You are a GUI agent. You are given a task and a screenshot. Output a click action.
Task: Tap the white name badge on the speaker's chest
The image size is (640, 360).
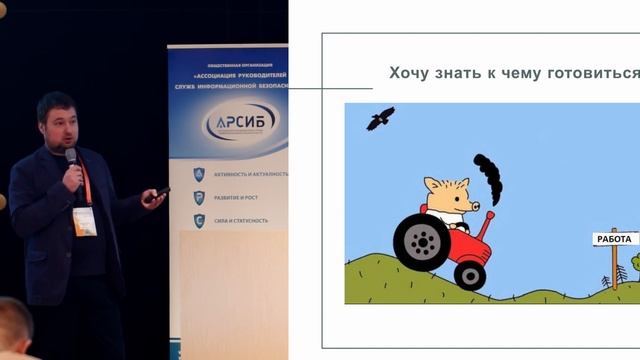point(84,221)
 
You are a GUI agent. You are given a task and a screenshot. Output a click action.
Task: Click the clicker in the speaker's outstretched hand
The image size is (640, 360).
point(158,194)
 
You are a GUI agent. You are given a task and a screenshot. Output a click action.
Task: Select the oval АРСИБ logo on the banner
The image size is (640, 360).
point(239,123)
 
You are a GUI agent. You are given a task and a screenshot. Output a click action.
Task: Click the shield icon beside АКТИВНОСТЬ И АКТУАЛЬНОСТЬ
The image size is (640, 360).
point(199,173)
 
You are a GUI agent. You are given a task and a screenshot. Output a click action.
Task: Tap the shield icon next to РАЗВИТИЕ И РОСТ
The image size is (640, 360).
point(199,197)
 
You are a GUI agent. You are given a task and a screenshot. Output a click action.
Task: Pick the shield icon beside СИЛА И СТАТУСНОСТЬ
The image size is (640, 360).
point(199,221)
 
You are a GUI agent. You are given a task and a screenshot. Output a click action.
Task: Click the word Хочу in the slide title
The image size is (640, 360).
point(408,74)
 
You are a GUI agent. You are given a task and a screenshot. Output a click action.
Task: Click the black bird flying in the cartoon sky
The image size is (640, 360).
point(380,120)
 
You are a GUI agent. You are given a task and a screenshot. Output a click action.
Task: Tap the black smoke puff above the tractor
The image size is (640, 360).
point(488,175)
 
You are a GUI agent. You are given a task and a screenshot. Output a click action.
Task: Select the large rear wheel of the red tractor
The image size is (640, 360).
point(421,242)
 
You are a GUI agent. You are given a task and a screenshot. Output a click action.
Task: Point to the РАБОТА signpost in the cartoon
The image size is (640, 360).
point(613,240)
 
